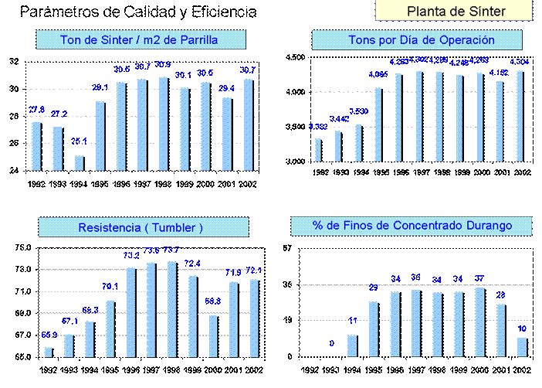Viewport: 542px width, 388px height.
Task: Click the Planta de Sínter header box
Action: [x=456, y=11]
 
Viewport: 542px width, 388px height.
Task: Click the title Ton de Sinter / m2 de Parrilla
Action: [x=140, y=40]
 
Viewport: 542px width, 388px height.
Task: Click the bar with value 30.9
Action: [x=164, y=124]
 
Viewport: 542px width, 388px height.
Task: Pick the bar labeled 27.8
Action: [x=36, y=146]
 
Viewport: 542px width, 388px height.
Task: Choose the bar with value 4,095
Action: [x=378, y=124]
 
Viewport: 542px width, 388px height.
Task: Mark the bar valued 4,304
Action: [x=520, y=116]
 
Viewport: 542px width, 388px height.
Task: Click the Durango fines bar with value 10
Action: [x=521, y=347]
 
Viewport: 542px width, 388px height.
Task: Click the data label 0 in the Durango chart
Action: [x=332, y=342]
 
